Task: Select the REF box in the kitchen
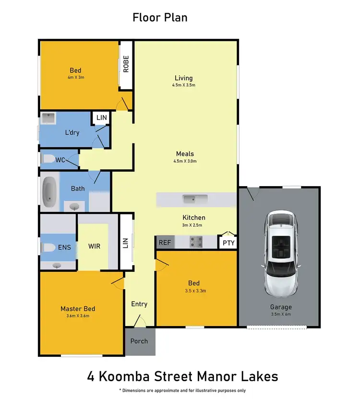pos(164,243)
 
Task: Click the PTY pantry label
pos(228,243)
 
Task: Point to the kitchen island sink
pos(195,199)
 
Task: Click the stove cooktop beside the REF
pos(196,242)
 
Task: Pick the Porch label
pos(140,341)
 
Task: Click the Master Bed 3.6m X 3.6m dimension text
pos(78,316)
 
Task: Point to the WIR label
pos(94,247)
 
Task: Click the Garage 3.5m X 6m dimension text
pos(280,315)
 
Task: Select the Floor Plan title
pos(160,18)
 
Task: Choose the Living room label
pos(183,78)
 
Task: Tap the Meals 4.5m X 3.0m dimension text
pos(185,161)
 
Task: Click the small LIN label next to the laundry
pos(101,117)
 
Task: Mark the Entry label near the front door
pos(139,304)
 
